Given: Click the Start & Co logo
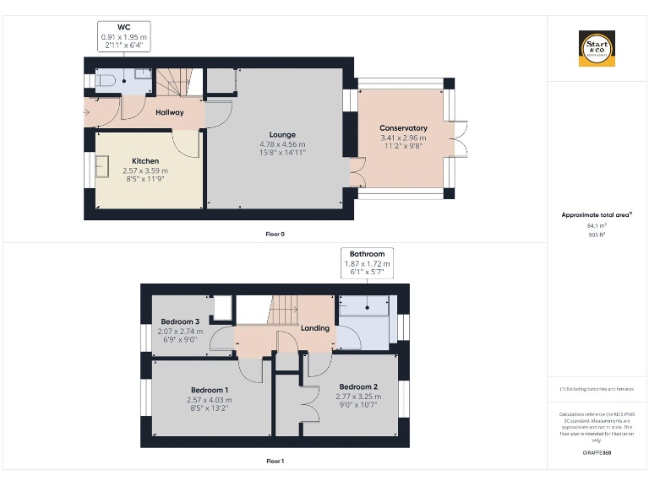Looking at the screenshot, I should [x=597, y=49].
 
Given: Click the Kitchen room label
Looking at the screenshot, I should [x=145, y=161].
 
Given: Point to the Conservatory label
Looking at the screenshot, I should [x=403, y=128].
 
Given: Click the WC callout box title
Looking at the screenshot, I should [x=123, y=28].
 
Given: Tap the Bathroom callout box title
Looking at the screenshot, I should [x=367, y=254].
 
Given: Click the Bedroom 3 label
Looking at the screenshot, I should [x=180, y=321].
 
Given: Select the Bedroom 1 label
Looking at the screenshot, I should [x=209, y=389].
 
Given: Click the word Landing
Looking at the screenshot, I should [x=315, y=328].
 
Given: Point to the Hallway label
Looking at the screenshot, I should [x=169, y=112].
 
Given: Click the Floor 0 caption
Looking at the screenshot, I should [x=275, y=234].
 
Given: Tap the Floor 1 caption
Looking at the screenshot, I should [x=275, y=462].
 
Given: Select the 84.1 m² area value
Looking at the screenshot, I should [x=597, y=226].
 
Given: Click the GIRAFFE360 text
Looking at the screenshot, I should [x=597, y=453].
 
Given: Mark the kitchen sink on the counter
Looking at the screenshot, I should [x=102, y=170].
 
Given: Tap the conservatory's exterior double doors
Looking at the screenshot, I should [x=460, y=138].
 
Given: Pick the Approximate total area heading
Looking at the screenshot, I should [x=597, y=215].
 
